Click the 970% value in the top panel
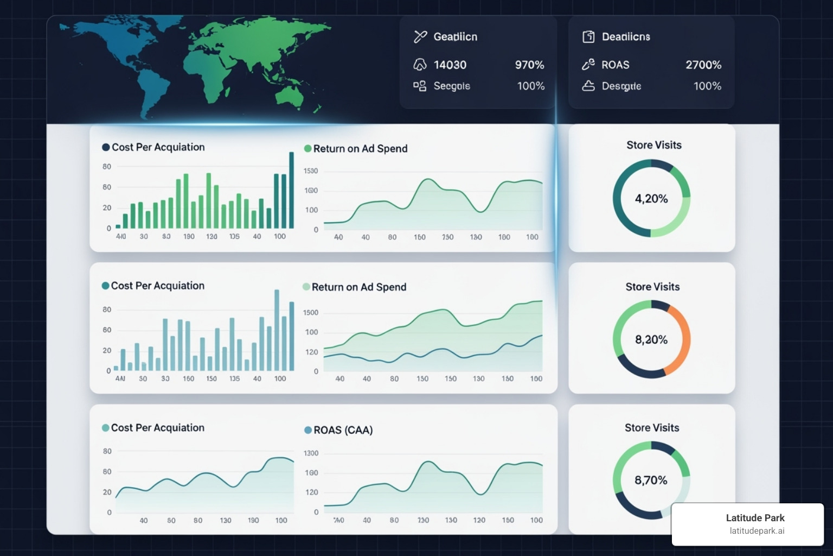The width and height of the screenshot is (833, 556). [529, 65]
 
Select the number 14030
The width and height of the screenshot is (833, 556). [450, 65]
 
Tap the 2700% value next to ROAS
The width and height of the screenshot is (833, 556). [703, 65]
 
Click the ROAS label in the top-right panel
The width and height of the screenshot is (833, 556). [615, 65]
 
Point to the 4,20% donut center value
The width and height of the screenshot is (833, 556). [651, 199]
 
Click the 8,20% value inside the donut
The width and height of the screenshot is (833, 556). [651, 340]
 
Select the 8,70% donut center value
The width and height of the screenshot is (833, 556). [651, 481]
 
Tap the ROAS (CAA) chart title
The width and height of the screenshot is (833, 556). [343, 430]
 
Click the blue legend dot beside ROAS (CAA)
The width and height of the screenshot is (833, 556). [308, 430]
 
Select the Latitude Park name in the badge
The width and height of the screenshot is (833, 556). [755, 518]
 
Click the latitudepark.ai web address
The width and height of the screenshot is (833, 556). [757, 531]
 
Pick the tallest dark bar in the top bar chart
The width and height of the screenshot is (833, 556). [291, 190]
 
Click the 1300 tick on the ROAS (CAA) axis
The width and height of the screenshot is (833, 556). [311, 453]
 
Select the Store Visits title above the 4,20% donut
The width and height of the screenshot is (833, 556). [653, 145]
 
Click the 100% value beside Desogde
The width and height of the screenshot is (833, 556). [707, 86]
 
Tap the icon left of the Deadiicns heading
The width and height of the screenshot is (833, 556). [588, 36]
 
